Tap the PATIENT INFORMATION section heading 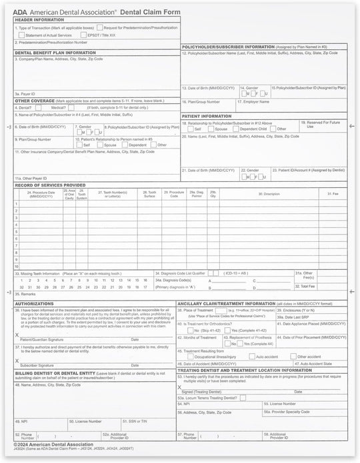point(207,115)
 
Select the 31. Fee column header point(333,194)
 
